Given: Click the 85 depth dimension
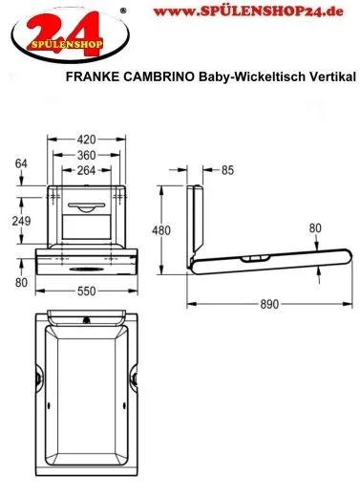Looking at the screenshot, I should click(x=228, y=171).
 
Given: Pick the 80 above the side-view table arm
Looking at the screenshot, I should click(x=315, y=227).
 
